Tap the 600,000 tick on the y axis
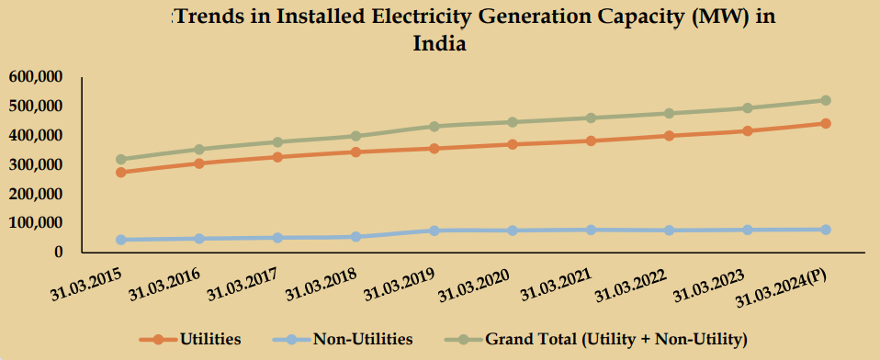36,77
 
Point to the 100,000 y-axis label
36,223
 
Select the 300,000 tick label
36,165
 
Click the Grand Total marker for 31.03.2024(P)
825,100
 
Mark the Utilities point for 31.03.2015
121,172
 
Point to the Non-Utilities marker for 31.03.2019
434,231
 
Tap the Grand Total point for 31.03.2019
434,126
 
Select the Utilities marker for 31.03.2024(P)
825,123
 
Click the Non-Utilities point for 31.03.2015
121,240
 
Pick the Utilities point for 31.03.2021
591,141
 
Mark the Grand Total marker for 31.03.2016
199,149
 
